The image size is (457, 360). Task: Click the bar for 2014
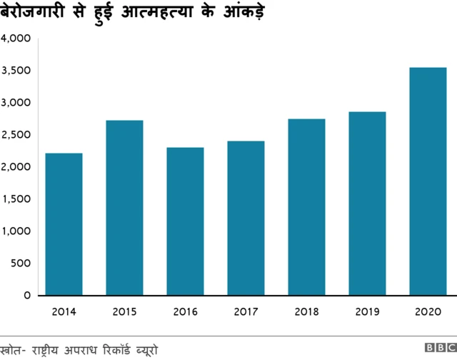click(x=64, y=224)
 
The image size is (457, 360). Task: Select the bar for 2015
click(x=125, y=207)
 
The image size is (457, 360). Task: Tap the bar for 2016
click(x=186, y=221)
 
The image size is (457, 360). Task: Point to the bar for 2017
click(x=246, y=218)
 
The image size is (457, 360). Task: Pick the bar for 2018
click(x=307, y=206)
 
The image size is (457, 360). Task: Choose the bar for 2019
click(x=368, y=203)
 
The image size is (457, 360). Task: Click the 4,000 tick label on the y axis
click(x=15, y=39)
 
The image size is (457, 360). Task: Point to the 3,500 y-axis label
click(x=15, y=71)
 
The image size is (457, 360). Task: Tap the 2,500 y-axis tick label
click(x=15, y=135)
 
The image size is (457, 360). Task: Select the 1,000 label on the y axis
click(x=15, y=231)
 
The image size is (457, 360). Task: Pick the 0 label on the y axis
click(x=26, y=295)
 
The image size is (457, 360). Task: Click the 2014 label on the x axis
click(x=64, y=311)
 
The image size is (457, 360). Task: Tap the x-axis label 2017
click(x=246, y=311)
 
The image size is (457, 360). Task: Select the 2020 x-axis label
click(x=428, y=311)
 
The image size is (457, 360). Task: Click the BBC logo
click(x=440, y=348)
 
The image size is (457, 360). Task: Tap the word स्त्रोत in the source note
click(x=12, y=349)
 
